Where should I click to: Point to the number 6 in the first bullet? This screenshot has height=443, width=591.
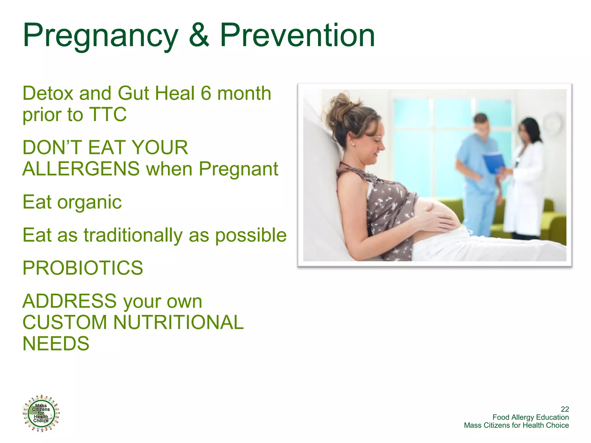[206, 93]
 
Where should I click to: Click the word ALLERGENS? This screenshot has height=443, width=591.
[81, 169]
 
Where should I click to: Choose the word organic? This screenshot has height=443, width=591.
[89, 202]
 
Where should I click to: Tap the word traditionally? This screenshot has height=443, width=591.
[133, 235]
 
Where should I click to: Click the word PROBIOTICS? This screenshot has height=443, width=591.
[83, 268]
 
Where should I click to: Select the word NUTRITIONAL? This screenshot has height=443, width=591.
[178, 322]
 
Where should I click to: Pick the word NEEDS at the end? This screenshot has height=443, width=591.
[56, 343]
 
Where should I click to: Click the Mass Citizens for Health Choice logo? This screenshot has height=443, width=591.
[41, 413]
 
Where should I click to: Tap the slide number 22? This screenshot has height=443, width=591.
[564, 409]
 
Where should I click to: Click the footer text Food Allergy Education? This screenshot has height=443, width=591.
[530, 417]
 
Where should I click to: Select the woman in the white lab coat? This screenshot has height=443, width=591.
[525, 179]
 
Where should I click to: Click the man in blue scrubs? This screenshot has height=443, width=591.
[478, 173]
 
